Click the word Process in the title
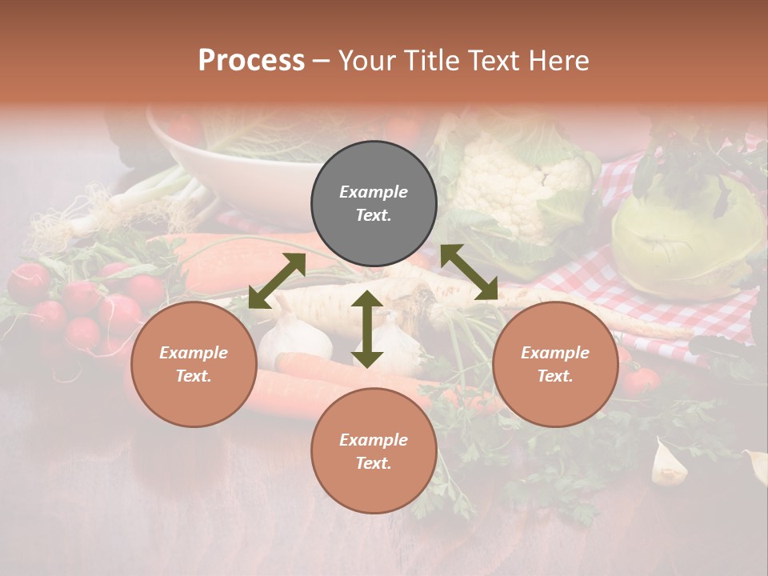click(x=251, y=61)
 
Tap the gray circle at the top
click(x=374, y=204)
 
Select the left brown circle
click(x=194, y=364)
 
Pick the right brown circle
click(x=554, y=364)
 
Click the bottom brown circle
click(x=374, y=450)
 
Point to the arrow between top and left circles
click(x=277, y=281)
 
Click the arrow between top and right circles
click(x=469, y=273)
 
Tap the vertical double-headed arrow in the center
click(x=367, y=329)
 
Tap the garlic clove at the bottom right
click(x=668, y=464)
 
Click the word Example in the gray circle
click(x=374, y=192)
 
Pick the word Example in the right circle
click(x=554, y=353)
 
